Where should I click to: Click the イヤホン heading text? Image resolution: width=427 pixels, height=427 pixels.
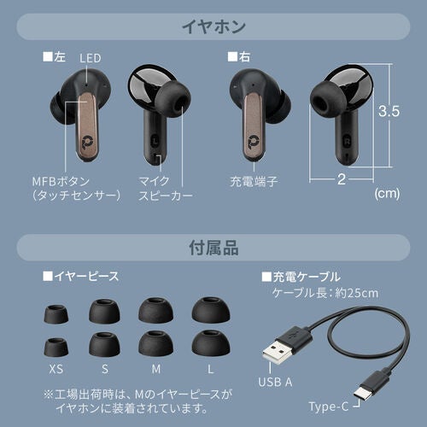(213, 27)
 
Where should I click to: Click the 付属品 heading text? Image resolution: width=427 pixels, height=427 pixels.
(213, 248)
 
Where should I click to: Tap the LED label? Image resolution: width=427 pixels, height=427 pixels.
(91, 58)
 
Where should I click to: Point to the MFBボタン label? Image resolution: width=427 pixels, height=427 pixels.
(61, 181)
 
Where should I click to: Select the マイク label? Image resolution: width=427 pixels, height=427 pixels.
(154, 181)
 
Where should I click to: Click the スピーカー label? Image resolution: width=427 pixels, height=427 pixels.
(166, 196)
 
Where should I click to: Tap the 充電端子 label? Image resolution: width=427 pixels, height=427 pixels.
(254, 181)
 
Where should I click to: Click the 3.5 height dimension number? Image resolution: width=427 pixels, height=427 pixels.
(389, 111)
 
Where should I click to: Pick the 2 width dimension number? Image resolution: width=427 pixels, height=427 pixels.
(342, 179)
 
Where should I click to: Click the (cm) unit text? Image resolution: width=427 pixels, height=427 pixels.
(387, 194)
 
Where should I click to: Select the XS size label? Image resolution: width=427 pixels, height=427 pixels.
(56, 369)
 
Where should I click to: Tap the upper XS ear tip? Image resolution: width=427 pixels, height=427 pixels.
(56, 314)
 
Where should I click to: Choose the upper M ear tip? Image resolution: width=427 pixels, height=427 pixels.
(155, 311)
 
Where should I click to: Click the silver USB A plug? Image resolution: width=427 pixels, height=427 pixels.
(275, 353)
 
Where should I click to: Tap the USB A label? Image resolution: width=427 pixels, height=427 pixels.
(275, 383)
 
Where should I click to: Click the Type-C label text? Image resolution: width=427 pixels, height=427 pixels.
(329, 407)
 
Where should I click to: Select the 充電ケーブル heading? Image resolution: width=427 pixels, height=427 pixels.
(301, 277)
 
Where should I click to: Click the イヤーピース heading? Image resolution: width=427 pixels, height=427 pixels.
(81, 276)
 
